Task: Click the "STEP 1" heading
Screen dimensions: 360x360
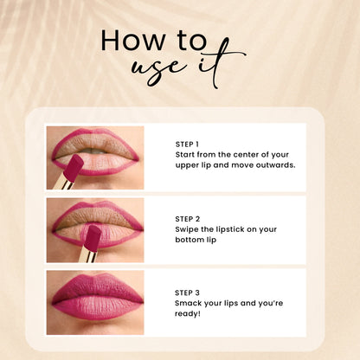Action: click(x=187, y=144)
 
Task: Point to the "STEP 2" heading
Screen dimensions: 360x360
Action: click(x=187, y=219)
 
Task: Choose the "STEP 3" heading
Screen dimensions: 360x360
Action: click(x=187, y=292)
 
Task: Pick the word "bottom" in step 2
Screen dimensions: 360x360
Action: click(x=190, y=239)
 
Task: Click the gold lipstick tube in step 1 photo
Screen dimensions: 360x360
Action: click(x=61, y=183)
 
